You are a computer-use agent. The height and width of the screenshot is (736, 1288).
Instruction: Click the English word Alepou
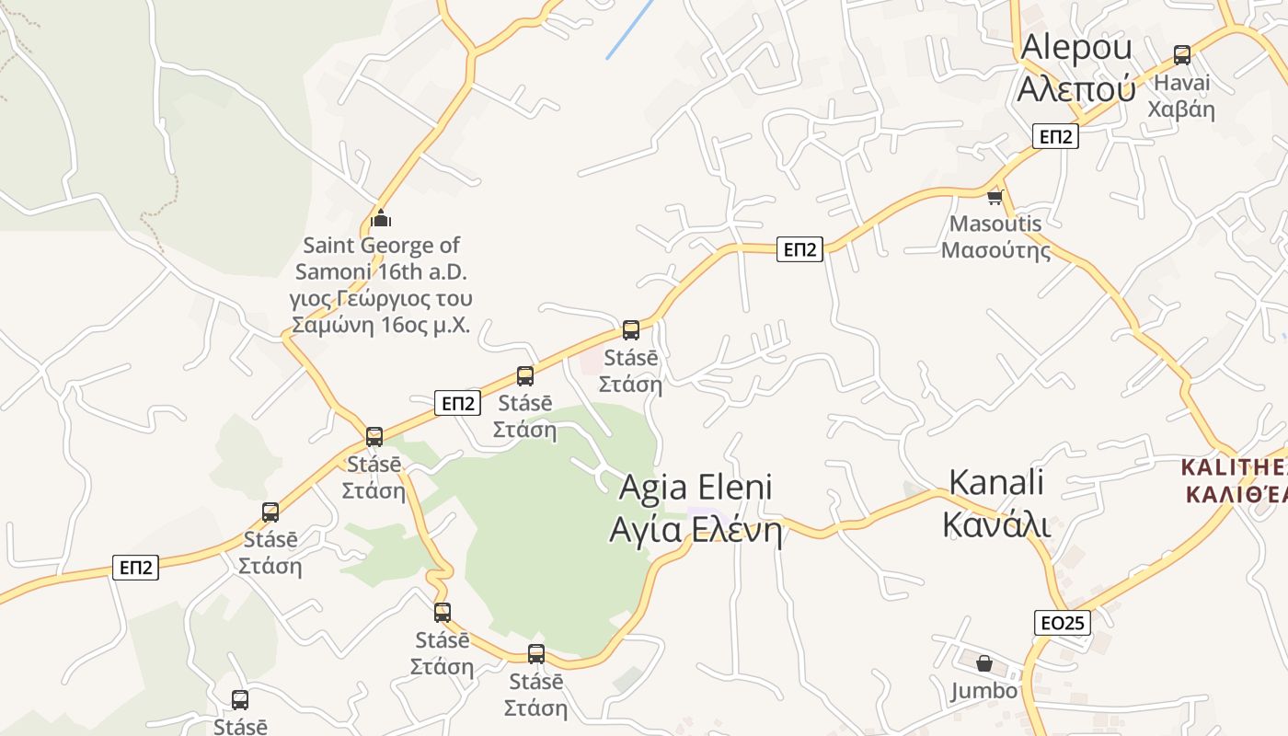click(x=1075, y=46)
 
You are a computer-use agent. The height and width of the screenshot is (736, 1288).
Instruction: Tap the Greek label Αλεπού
click(x=1075, y=87)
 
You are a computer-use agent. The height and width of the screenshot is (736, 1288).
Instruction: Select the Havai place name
click(x=1182, y=83)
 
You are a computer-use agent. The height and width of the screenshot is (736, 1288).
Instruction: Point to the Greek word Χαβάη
click(x=1180, y=109)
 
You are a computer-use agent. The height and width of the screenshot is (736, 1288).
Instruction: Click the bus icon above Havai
click(x=1182, y=55)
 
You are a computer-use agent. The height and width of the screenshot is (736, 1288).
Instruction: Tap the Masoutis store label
click(x=995, y=224)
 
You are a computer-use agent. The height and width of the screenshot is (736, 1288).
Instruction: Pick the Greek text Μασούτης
click(x=995, y=250)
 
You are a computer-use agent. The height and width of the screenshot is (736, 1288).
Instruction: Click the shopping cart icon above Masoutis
click(x=995, y=198)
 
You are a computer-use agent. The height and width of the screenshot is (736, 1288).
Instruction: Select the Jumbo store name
click(x=984, y=691)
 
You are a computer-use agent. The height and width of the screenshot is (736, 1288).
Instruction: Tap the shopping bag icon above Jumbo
click(x=984, y=663)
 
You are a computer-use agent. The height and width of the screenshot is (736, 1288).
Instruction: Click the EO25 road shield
click(x=1062, y=623)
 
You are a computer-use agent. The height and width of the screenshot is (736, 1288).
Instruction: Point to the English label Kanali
click(x=996, y=482)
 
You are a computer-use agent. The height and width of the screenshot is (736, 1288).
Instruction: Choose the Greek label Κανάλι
click(x=996, y=523)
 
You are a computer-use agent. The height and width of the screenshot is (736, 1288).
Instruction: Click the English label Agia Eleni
click(x=696, y=487)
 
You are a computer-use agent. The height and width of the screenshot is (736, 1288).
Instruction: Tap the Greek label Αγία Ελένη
click(x=696, y=531)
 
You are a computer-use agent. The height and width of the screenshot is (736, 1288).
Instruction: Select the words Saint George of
click(x=382, y=246)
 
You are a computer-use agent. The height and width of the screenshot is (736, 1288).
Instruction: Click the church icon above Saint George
click(x=381, y=218)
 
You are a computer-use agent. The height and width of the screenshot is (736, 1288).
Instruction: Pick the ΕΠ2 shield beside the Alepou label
click(x=1054, y=136)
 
